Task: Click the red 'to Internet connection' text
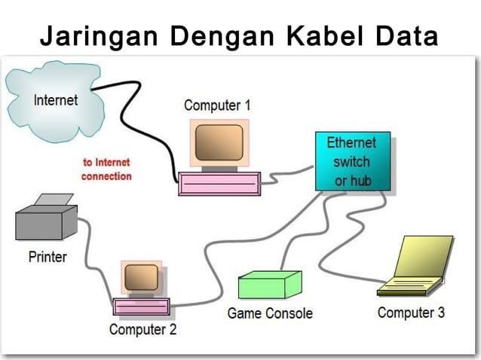point(106,169)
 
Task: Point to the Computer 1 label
point(217,106)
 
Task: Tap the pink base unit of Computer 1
point(219,184)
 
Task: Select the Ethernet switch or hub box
point(352,161)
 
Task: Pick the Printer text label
point(47,257)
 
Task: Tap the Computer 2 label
point(142,329)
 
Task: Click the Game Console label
point(270,313)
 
